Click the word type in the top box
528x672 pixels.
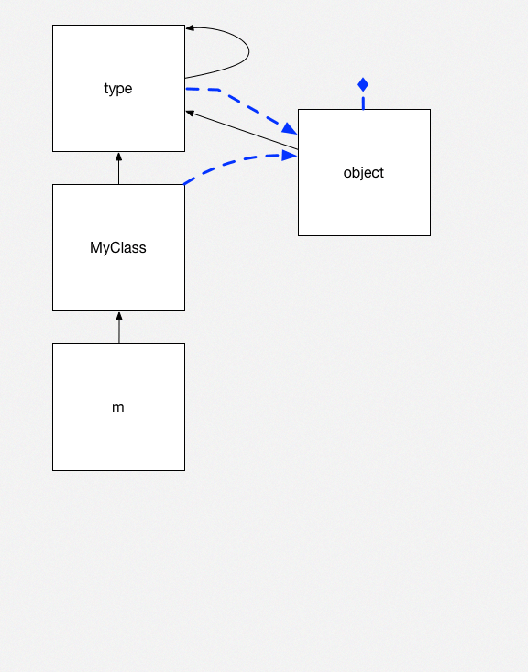118,89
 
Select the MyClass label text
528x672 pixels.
118,248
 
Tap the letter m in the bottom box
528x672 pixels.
118,407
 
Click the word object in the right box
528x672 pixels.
364,172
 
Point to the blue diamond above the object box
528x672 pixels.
363,85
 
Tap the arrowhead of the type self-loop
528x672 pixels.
191,28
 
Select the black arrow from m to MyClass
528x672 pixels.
119,331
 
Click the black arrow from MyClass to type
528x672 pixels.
119,170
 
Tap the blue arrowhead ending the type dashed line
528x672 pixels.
289,129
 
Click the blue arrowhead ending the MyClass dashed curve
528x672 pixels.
290,156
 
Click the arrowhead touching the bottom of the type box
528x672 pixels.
119,157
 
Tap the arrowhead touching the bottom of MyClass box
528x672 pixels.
119,316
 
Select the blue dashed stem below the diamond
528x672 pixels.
363,101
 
